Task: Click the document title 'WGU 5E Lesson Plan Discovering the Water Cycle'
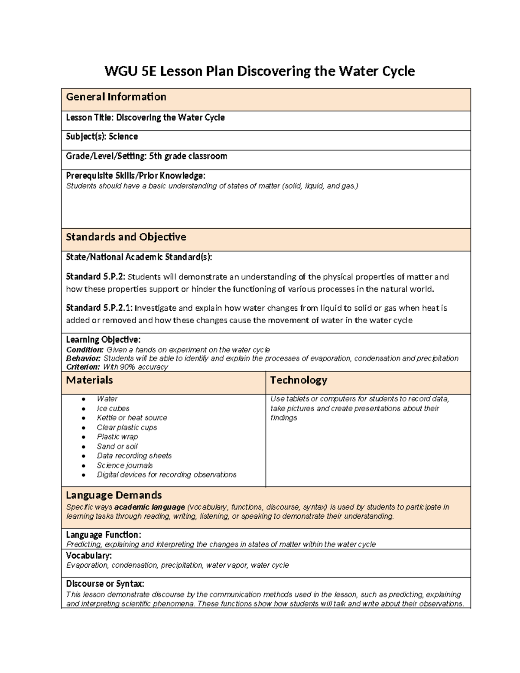(260, 71)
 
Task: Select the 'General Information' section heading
(116, 97)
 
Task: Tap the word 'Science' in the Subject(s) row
(123, 137)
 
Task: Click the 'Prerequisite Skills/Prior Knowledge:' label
(135, 176)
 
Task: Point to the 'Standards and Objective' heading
(126, 237)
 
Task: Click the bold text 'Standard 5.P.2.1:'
(100, 308)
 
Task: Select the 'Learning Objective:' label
(103, 339)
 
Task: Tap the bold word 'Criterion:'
(83, 367)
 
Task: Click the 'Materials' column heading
(89, 380)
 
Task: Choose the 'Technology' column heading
(298, 380)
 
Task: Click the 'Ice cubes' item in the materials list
(113, 408)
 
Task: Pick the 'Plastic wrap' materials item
(117, 437)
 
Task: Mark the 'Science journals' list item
(124, 465)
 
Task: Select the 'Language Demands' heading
(114, 495)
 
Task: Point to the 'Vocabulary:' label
(88, 556)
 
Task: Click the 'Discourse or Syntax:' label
(105, 584)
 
